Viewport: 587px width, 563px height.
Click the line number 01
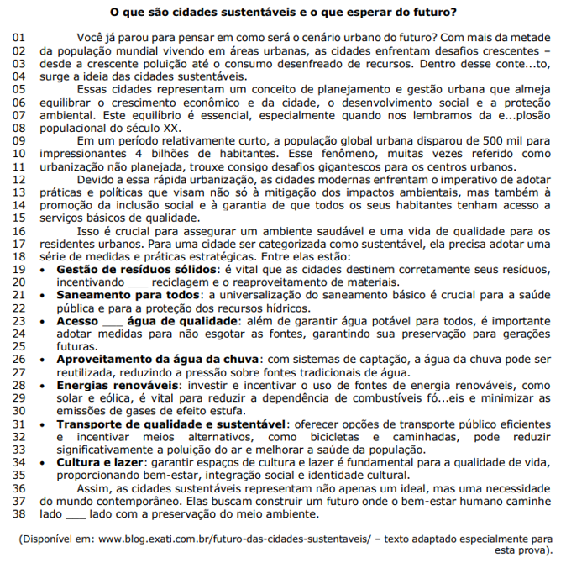pos(18,39)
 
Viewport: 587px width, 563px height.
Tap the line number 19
pos(18,268)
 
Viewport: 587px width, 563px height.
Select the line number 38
pos(18,513)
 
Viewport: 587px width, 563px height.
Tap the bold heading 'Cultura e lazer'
pos(99,462)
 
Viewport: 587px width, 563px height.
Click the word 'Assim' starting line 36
pos(93,487)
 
